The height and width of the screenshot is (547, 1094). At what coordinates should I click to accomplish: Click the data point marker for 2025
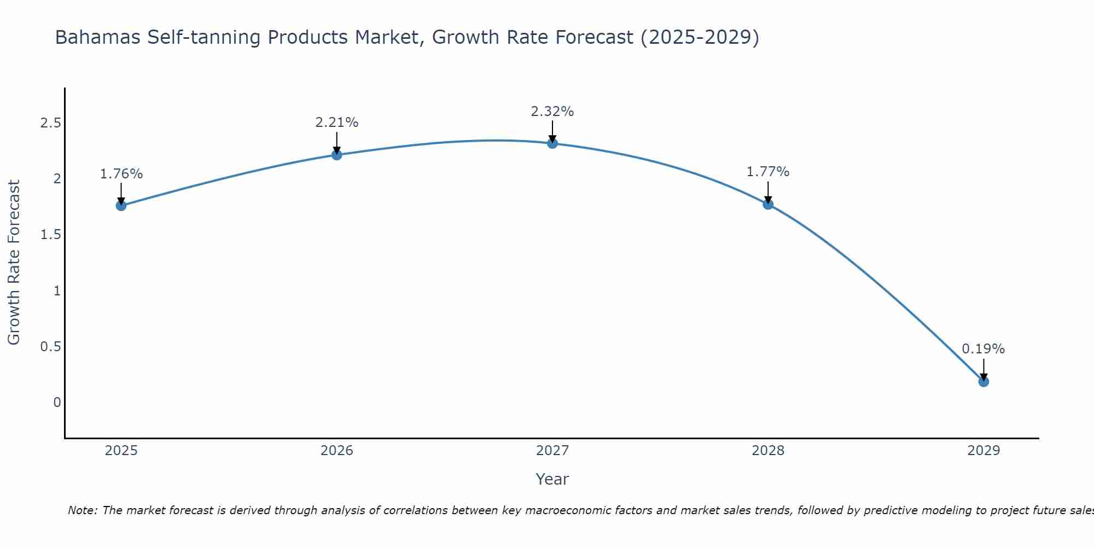click(x=121, y=206)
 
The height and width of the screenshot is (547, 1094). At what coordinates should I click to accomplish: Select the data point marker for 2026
click(x=336, y=155)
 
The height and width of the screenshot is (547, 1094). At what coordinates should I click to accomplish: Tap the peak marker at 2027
click(x=552, y=143)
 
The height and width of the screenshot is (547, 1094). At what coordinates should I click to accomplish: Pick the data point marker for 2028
click(x=767, y=205)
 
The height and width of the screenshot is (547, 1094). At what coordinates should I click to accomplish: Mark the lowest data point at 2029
click(x=983, y=381)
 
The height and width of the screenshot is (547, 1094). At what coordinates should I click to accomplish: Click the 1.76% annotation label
click(x=121, y=174)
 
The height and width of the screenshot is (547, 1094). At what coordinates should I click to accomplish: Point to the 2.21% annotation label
click(x=336, y=123)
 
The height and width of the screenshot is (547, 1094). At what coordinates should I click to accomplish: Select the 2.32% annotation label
click(x=552, y=112)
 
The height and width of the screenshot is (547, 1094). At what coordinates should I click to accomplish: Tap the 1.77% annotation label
click(x=767, y=172)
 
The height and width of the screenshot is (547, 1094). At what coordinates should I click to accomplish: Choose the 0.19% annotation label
click(x=983, y=349)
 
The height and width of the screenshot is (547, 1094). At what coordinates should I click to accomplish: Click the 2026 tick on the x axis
click(x=336, y=451)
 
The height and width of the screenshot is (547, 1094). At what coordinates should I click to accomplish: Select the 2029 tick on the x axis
click(x=983, y=451)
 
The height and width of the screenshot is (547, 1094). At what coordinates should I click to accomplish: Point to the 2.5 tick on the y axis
click(x=50, y=123)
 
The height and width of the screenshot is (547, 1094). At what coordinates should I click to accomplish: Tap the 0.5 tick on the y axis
click(x=50, y=347)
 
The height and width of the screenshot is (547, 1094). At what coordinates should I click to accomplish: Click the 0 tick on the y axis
click(x=57, y=403)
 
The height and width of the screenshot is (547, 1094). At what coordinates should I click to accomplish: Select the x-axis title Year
click(x=552, y=479)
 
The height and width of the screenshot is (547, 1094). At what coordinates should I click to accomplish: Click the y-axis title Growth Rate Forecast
click(x=14, y=263)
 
